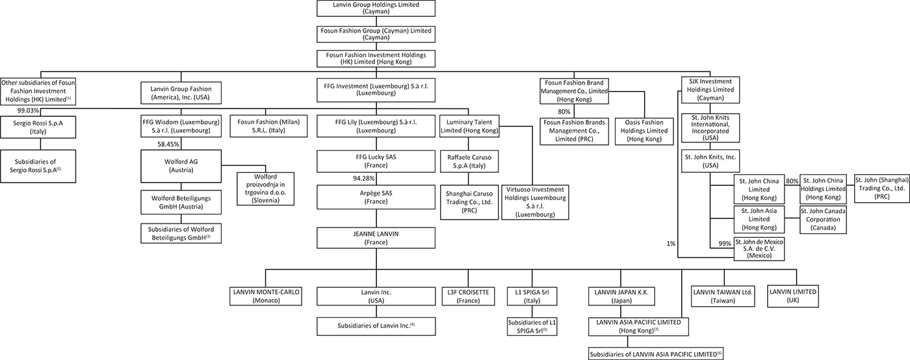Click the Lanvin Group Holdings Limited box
376,8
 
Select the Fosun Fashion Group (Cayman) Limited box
376,33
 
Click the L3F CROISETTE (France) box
468,296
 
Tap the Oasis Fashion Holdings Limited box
643,126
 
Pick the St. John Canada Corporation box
822,220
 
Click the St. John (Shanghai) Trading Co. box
881,188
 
